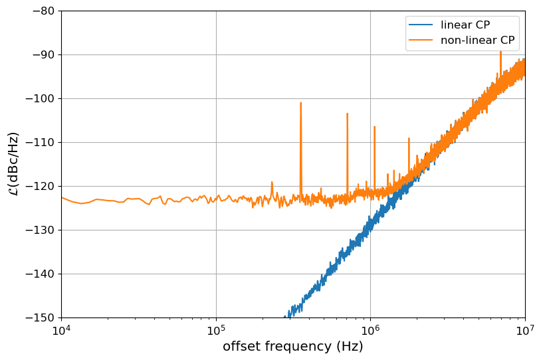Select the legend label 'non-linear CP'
pyautogui.click(x=478, y=41)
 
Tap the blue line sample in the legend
pyautogui.click(x=421, y=25)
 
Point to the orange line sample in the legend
pyautogui.click(x=421, y=41)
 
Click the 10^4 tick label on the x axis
pyautogui.click(x=61, y=330)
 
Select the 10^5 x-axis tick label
pyautogui.click(x=216, y=330)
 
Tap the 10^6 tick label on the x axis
pyautogui.click(x=370, y=330)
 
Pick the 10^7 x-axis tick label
pyautogui.click(x=525, y=330)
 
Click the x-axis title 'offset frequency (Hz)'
pyautogui.click(x=292, y=347)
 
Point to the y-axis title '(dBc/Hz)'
pyautogui.click(x=14, y=163)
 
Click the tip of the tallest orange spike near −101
pyautogui.click(x=300, y=103)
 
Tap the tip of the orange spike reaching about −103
pyautogui.click(x=347, y=114)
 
